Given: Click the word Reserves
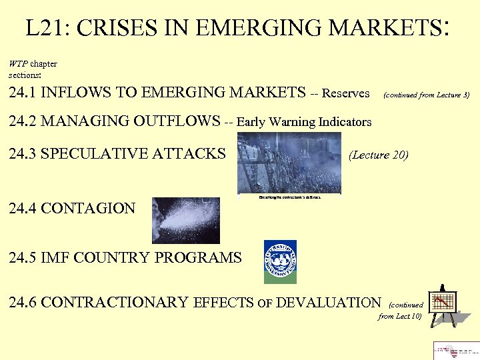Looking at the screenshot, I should [x=345, y=93].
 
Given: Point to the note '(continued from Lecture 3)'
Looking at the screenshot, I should [x=426, y=95].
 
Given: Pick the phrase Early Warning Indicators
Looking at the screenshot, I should [x=304, y=122].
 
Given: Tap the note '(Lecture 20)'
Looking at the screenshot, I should [x=378, y=155].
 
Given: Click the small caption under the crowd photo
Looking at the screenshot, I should [x=289, y=197].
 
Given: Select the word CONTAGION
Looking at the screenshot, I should [x=88, y=208].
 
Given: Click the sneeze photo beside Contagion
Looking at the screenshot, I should [x=185, y=220].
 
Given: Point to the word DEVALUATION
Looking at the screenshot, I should [x=327, y=303].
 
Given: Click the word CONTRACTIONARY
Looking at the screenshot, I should [x=115, y=303].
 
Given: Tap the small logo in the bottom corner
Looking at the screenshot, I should [x=456, y=350].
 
